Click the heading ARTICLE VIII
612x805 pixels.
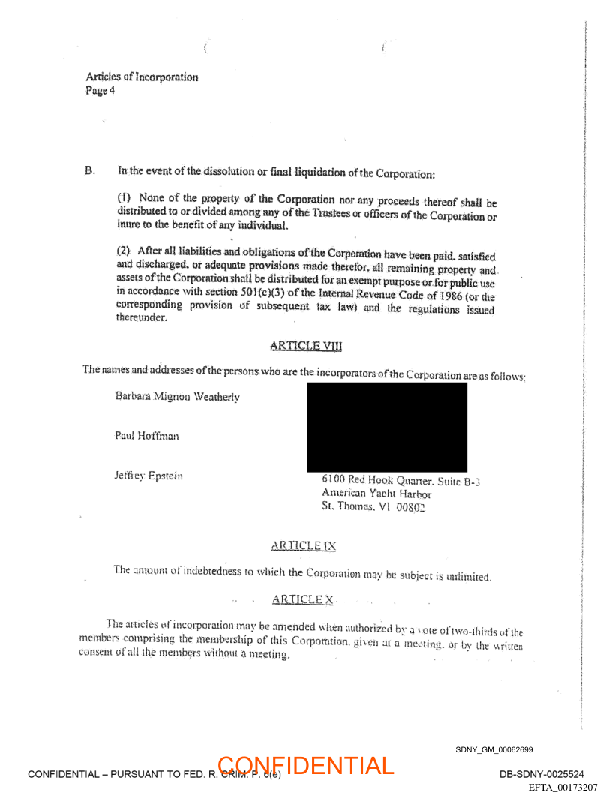(x=305, y=346)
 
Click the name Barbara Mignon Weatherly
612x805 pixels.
(x=178, y=396)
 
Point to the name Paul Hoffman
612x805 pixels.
(x=147, y=436)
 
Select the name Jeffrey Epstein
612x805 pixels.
(x=148, y=476)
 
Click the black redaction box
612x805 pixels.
(x=386, y=427)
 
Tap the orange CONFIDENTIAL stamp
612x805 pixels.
(x=306, y=766)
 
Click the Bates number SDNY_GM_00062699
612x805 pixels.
(x=493, y=749)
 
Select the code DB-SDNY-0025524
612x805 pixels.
(x=541, y=774)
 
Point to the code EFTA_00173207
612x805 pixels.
(x=562, y=787)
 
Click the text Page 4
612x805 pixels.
(x=100, y=91)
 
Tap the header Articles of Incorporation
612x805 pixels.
(x=142, y=77)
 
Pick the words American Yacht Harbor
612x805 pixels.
(x=376, y=494)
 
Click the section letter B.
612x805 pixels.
(x=90, y=170)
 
